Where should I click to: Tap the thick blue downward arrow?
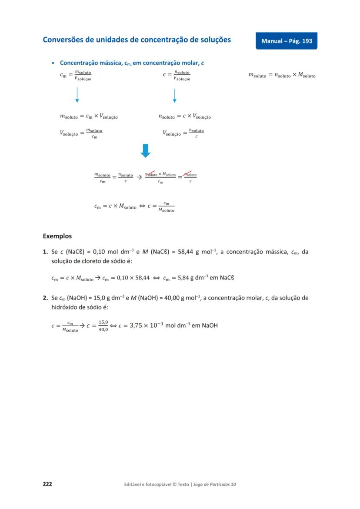click(146, 151)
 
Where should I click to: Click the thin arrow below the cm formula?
click(77, 95)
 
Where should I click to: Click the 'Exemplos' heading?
click(57, 236)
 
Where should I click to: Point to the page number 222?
click(47, 484)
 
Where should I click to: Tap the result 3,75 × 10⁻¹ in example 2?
click(144, 325)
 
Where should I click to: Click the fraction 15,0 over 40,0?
click(103, 326)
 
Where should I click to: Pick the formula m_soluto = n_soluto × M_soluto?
click(282, 75)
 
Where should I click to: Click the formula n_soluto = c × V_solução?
click(185, 116)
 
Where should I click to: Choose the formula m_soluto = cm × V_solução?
click(89, 116)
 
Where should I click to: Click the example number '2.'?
click(45, 298)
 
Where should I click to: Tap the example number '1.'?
click(45, 252)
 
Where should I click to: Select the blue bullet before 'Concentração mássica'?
click(53, 63)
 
